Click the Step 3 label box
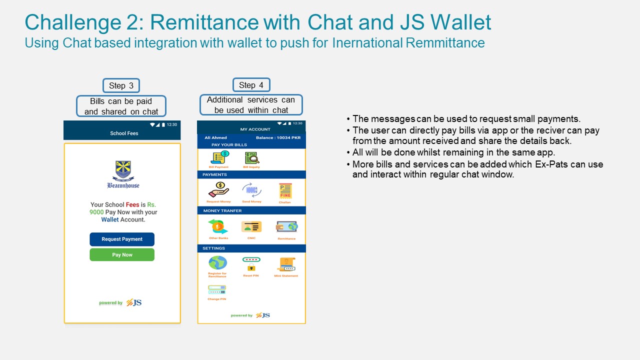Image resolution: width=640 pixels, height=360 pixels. (x=121, y=85)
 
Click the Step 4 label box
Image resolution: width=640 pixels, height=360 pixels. (x=251, y=85)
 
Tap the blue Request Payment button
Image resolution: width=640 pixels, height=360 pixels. (x=122, y=239)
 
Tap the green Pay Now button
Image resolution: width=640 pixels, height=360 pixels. (x=122, y=254)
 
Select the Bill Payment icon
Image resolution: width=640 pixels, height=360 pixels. (x=219, y=157)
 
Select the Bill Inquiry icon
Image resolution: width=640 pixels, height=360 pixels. (x=251, y=158)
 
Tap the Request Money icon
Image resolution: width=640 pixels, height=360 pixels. (x=218, y=190)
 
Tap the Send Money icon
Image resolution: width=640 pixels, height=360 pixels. (x=251, y=190)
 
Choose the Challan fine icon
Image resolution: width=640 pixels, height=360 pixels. (x=285, y=191)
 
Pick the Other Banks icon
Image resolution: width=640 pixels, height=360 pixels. (x=218, y=227)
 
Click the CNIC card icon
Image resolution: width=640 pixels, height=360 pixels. (x=251, y=227)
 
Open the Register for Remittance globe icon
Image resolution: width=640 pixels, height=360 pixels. (x=217, y=263)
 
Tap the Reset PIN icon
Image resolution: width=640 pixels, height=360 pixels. (x=251, y=263)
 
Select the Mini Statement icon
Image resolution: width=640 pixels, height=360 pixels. (x=286, y=264)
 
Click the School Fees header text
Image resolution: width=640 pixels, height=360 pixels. (x=124, y=133)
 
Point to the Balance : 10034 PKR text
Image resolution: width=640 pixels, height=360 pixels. (x=278, y=137)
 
